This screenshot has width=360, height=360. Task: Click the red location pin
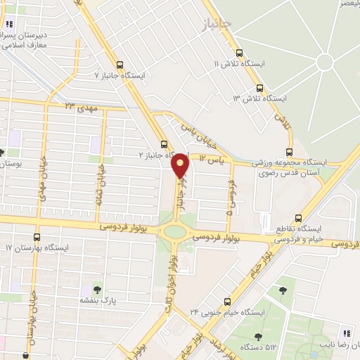pos(181,165)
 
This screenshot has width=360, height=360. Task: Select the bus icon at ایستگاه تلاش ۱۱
pos(240,53)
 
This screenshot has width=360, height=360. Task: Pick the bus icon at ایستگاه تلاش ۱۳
pos(260,89)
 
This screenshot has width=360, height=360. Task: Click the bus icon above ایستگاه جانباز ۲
pos(163,141)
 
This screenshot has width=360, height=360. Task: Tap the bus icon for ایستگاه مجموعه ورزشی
pos(289,152)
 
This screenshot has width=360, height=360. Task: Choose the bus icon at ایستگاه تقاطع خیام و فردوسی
pos(299,217)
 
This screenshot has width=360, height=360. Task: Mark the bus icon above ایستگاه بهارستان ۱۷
pos(37,238)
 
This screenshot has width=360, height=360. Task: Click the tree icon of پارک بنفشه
pos(96,289)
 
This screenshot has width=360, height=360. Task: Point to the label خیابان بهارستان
pos(32,324)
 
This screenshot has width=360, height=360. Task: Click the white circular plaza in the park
pos(325,63)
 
